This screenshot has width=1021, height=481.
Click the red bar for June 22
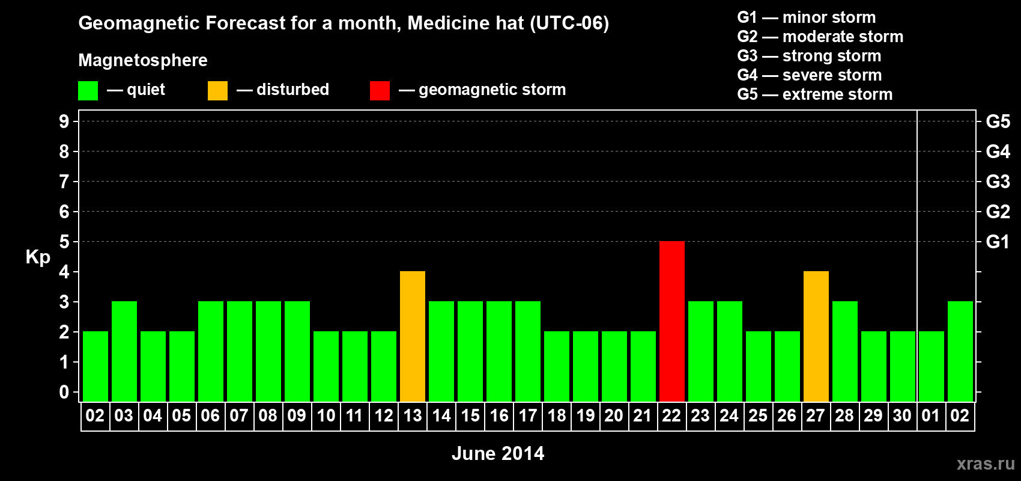(x=671, y=321)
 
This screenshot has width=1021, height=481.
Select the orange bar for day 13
(x=413, y=336)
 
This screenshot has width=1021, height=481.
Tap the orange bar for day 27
(x=816, y=336)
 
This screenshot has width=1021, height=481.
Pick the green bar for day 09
(x=297, y=351)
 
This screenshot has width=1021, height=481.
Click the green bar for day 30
(x=902, y=366)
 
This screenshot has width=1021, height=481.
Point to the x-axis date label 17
(x=528, y=415)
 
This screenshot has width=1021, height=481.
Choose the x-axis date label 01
(x=931, y=415)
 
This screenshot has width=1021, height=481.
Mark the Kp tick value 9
(x=64, y=121)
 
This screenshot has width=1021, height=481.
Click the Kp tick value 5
(x=64, y=242)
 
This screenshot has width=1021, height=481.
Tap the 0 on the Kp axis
(x=64, y=392)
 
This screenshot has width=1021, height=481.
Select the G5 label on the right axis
(x=998, y=121)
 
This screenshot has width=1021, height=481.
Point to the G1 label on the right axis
(x=998, y=242)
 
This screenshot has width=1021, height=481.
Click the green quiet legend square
(x=88, y=91)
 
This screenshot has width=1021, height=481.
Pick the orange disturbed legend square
(x=217, y=91)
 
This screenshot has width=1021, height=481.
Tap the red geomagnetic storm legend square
(x=380, y=91)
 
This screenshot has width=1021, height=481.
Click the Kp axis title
(x=38, y=257)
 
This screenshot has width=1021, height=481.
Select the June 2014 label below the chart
(x=498, y=453)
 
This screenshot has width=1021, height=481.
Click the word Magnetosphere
(x=143, y=60)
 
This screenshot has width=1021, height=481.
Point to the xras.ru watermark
(x=986, y=464)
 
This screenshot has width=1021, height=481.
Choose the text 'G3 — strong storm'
(x=809, y=56)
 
